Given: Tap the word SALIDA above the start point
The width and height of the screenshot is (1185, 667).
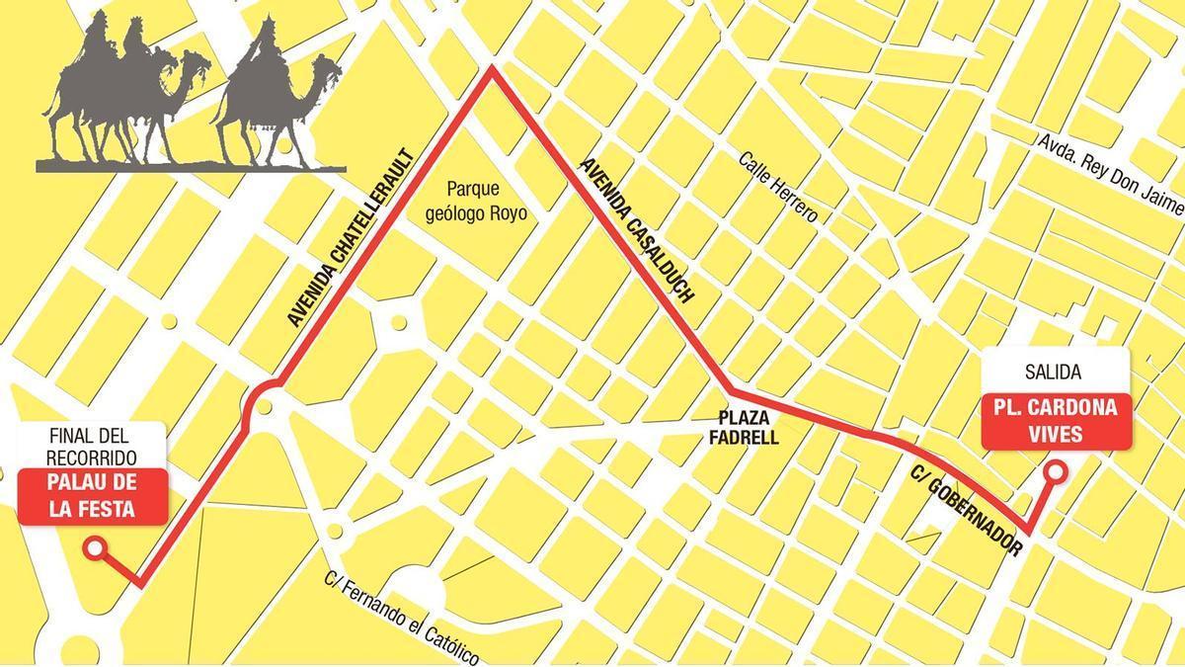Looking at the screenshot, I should (1054, 373).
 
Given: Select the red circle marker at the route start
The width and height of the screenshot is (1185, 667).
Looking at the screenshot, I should (1055, 472).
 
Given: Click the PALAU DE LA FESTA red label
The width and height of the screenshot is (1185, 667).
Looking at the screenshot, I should (92, 497).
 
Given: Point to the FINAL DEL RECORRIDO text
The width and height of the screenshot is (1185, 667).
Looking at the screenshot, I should (92, 448).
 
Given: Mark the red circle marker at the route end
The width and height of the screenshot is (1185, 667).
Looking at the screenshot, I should (95, 547).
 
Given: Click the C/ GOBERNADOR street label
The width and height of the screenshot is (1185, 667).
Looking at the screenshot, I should (967, 512).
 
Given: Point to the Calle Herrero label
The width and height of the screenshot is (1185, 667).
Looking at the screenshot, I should (778, 187).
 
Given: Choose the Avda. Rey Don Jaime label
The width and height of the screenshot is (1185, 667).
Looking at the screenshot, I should (1109, 173).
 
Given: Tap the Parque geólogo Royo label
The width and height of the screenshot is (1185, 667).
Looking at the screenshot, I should (486, 201).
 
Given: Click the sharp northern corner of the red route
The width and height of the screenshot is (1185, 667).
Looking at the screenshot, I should (492, 71).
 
